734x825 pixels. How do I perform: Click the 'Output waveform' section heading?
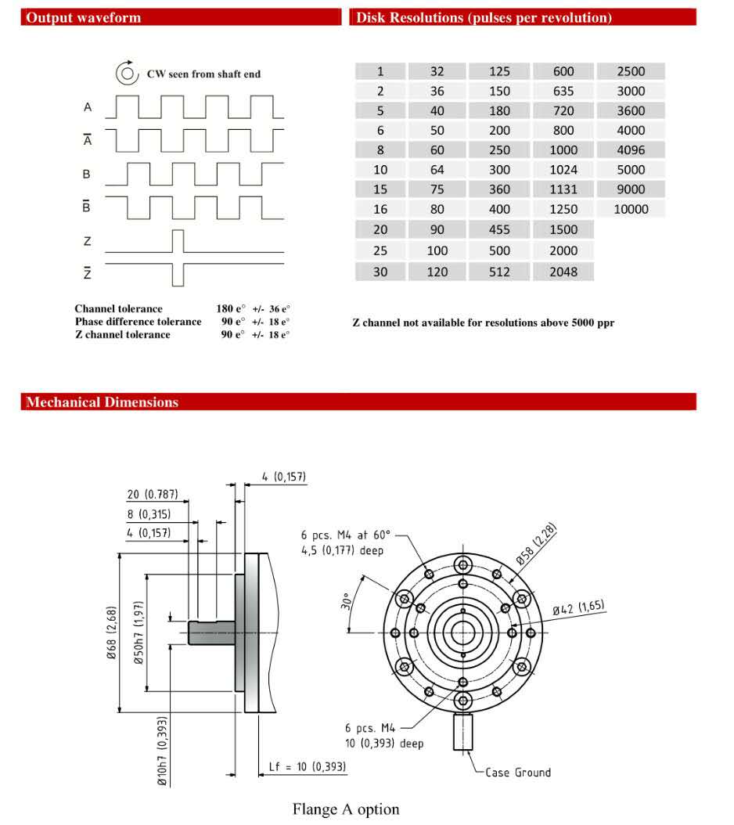click(x=83, y=18)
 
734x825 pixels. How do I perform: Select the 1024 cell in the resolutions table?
click(x=563, y=170)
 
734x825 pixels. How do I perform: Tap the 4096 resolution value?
click(x=631, y=150)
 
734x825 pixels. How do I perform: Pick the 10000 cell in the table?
click(x=631, y=209)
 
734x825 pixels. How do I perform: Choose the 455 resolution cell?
click(x=499, y=230)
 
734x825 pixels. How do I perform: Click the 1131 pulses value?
click(x=563, y=189)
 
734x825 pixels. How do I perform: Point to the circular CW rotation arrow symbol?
click(x=127, y=74)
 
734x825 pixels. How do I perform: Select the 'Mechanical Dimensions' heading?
click(x=102, y=402)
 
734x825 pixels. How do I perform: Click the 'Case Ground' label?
click(x=518, y=773)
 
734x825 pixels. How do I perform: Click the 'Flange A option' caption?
click(x=346, y=809)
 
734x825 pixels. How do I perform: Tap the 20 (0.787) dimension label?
click(x=153, y=494)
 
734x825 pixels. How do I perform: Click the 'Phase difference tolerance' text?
click(x=138, y=322)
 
